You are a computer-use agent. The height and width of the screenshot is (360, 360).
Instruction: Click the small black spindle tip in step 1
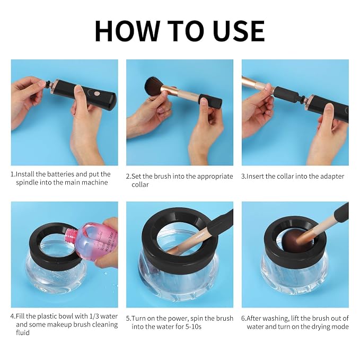[x=48, y=84]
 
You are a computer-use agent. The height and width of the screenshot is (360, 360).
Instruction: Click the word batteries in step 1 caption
[x=60, y=174]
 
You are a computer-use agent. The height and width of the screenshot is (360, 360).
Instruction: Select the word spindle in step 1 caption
[x=27, y=183]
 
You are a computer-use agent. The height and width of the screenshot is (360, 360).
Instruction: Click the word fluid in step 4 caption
[x=23, y=332]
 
